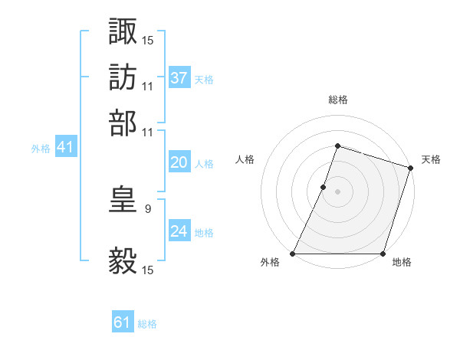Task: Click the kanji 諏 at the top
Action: pyautogui.click(x=123, y=31)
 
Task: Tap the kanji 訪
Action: pyautogui.click(x=123, y=77)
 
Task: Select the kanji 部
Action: pyautogui.click(x=123, y=122)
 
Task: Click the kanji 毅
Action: pyautogui.click(x=123, y=260)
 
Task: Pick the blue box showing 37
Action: pyautogui.click(x=179, y=78)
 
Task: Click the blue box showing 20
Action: pyautogui.click(x=179, y=163)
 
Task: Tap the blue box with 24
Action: pyautogui.click(x=179, y=232)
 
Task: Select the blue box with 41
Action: pyautogui.click(x=64, y=148)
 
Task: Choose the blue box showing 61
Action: pyautogui.click(x=123, y=323)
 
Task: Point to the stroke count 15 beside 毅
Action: pyautogui.click(x=148, y=270)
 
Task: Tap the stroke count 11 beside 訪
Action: pyautogui.click(x=148, y=86)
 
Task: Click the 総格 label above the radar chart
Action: pyautogui.click(x=337, y=100)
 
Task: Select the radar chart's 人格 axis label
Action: pyautogui.click(x=245, y=159)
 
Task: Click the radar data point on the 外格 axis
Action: pyautogui.click(x=293, y=254)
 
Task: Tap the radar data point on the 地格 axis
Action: pyautogui.click(x=383, y=254)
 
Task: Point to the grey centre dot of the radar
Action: pyautogui.click(x=337, y=191)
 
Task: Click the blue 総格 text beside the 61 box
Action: pyautogui.click(x=147, y=324)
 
